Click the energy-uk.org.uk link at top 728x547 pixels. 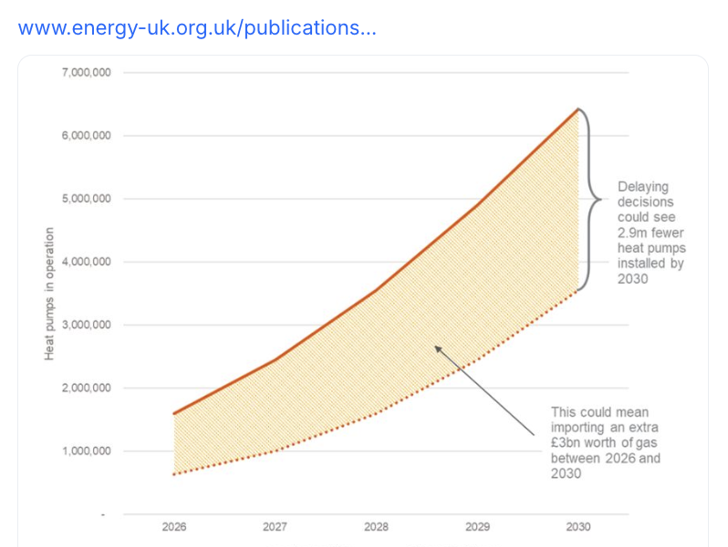tap(197, 27)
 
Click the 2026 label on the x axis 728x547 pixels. tap(174, 527)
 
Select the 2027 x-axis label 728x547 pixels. tap(276, 527)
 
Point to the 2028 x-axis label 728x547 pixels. tap(376, 527)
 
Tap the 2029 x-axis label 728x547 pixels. tap(477, 527)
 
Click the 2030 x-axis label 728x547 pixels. tap(578, 527)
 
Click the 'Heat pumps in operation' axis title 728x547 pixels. tap(50, 293)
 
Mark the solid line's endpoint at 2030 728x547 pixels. tap(578, 109)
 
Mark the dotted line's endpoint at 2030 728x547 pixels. tap(578, 290)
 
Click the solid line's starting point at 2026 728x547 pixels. tap(174, 414)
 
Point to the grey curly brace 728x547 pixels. tap(593, 200)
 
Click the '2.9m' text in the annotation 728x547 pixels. tap(635, 232)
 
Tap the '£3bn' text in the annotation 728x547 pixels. tap(566, 443)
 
